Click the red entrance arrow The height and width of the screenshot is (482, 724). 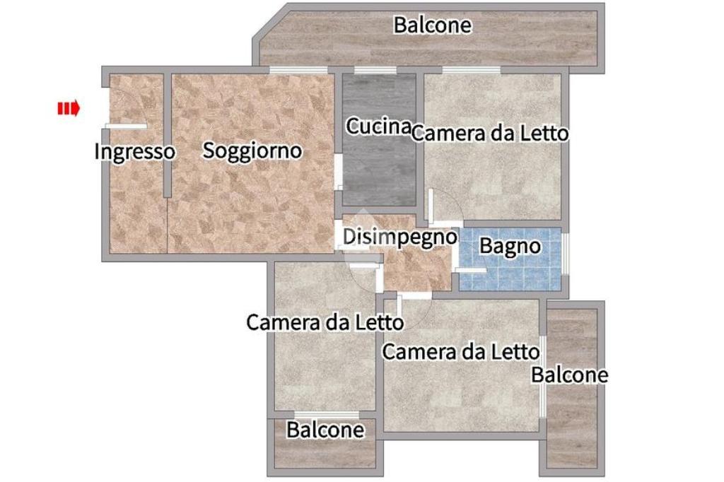tap(69, 109)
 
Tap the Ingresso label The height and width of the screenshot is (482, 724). tap(134, 151)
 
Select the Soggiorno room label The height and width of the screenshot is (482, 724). tap(252, 151)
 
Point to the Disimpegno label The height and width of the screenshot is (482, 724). tap(400, 237)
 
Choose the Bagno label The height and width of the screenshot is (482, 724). tap(510, 246)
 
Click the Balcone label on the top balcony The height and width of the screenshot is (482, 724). tap(433, 25)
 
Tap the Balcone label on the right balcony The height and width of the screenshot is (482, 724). tap(569, 375)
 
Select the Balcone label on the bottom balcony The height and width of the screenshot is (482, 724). tap(325, 430)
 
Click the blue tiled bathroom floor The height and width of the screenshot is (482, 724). tap(510, 272)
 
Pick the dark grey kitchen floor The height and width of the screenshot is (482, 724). tap(379, 171)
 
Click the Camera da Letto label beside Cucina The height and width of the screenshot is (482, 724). tap(490, 134)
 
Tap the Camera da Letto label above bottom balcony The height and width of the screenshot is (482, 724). tap(325, 322)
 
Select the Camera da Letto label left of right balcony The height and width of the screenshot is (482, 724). tap(461, 352)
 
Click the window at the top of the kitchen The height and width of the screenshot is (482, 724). tap(375, 70)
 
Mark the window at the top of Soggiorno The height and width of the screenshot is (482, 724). tap(298, 70)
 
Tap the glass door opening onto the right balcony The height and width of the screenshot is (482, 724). tap(543, 376)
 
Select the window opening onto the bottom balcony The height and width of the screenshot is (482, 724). tap(327, 414)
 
